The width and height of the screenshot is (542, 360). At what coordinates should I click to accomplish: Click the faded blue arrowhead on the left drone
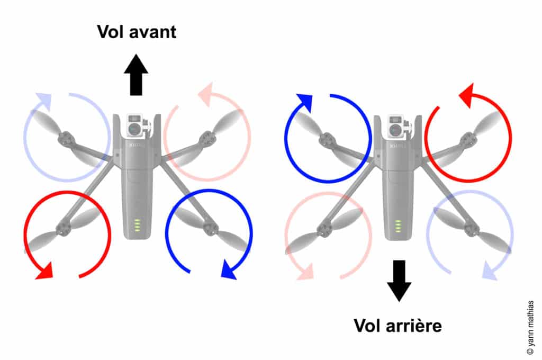(43, 101)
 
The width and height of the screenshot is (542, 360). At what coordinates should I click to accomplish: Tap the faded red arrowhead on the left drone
(205, 91)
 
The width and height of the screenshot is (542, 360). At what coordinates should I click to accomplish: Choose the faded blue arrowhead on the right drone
(490, 272)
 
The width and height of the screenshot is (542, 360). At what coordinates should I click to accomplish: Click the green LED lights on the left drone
(137, 226)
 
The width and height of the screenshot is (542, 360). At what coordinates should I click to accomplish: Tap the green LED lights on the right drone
(398, 226)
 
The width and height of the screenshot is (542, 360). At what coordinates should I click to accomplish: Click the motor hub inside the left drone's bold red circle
(64, 228)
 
